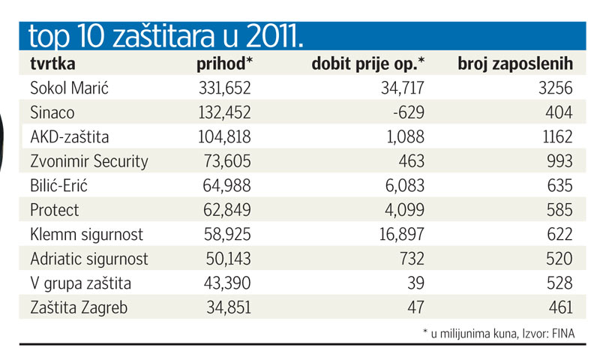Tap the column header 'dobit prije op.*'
[x=367, y=64]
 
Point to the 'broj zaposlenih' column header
[x=515, y=64]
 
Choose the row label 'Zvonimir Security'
[x=89, y=161]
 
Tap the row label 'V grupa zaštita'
[x=81, y=283]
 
